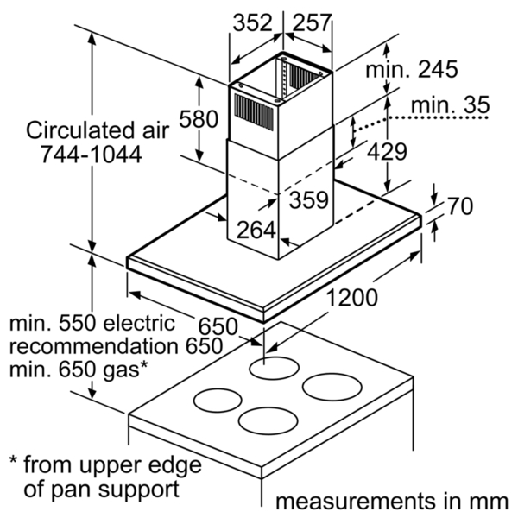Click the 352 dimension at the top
pyautogui.click(x=253, y=22)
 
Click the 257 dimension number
pyautogui.click(x=311, y=22)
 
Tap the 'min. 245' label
pyautogui.click(x=412, y=69)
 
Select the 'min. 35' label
pyautogui.click(x=450, y=105)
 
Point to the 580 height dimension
pyautogui.click(x=199, y=119)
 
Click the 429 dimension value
pyautogui.click(x=387, y=152)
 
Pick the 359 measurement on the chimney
pyautogui.click(x=309, y=200)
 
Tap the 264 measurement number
pyautogui.click(x=256, y=230)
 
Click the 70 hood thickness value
pyautogui.click(x=460, y=205)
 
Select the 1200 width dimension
pyautogui.click(x=352, y=297)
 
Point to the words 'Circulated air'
pyautogui.click(x=98, y=130)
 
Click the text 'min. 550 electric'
pyautogui.click(x=92, y=324)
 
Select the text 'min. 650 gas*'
pyautogui.click(x=79, y=370)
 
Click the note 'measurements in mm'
pyautogui.click(x=392, y=501)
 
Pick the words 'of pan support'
pyautogui.click(x=102, y=490)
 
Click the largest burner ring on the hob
pyautogui.click(x=332, y=387)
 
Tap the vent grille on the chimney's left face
pyautogui.click(x=254, y=112)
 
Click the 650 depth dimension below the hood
pyautogui.click(x=218, y=326)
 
